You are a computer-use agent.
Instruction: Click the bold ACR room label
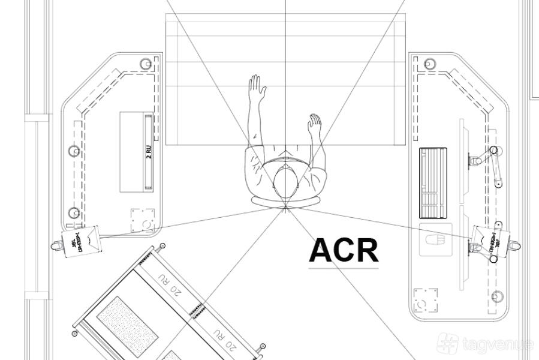click(344, 251)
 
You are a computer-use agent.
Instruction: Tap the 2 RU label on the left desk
click(149, 151)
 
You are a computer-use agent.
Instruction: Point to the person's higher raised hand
click(257, 88)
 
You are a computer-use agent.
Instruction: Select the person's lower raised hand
click(314, 125)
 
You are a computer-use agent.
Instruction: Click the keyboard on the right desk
click(433, 182)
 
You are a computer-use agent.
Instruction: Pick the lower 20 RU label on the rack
click(223, 340)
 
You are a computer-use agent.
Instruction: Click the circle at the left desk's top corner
click(146, 64)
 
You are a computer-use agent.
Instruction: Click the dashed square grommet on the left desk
click(143, 220)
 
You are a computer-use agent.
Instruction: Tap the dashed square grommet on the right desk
click(425, 300)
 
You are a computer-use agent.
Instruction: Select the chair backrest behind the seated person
click(286, 200)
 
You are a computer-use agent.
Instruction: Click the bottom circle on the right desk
click(497, 296)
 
